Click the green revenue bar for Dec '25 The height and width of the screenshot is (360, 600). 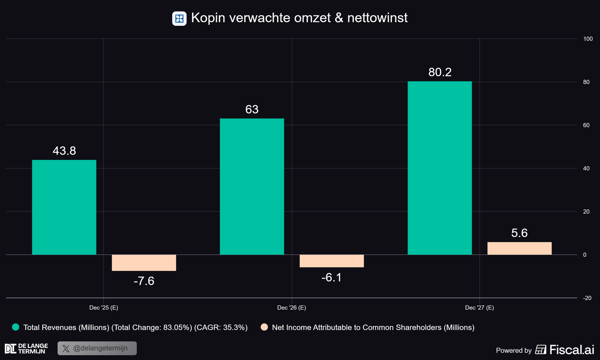pos(64,207)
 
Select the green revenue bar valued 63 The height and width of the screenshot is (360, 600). pos(252,186)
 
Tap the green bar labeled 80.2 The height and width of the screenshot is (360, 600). pos(439,168)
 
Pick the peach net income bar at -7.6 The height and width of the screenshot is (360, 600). pos(144,263)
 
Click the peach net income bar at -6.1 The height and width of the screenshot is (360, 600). pos(331,261)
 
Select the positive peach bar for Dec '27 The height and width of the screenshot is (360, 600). pos(519,248)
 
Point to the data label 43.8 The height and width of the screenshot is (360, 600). pos(64,151)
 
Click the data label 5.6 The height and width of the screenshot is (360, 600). pos(519,233)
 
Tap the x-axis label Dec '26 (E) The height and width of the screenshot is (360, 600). pos(292,307)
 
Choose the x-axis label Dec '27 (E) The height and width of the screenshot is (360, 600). pos(479,307)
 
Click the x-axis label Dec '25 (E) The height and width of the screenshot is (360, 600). pos(104,307)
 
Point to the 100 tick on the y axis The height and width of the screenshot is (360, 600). pos(588,39)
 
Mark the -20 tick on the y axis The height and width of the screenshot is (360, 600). pos(587,298)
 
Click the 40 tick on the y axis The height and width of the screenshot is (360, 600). pos(586,168)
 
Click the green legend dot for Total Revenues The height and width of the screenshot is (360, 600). pos(16,327)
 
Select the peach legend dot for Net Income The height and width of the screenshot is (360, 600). pos(264,327)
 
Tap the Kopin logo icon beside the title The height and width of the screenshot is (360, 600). pos(179,19)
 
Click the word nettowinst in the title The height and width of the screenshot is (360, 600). pos(377,18)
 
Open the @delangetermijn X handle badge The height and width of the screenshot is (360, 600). pos(97,348)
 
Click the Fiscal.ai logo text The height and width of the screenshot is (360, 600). pos(571,350)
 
